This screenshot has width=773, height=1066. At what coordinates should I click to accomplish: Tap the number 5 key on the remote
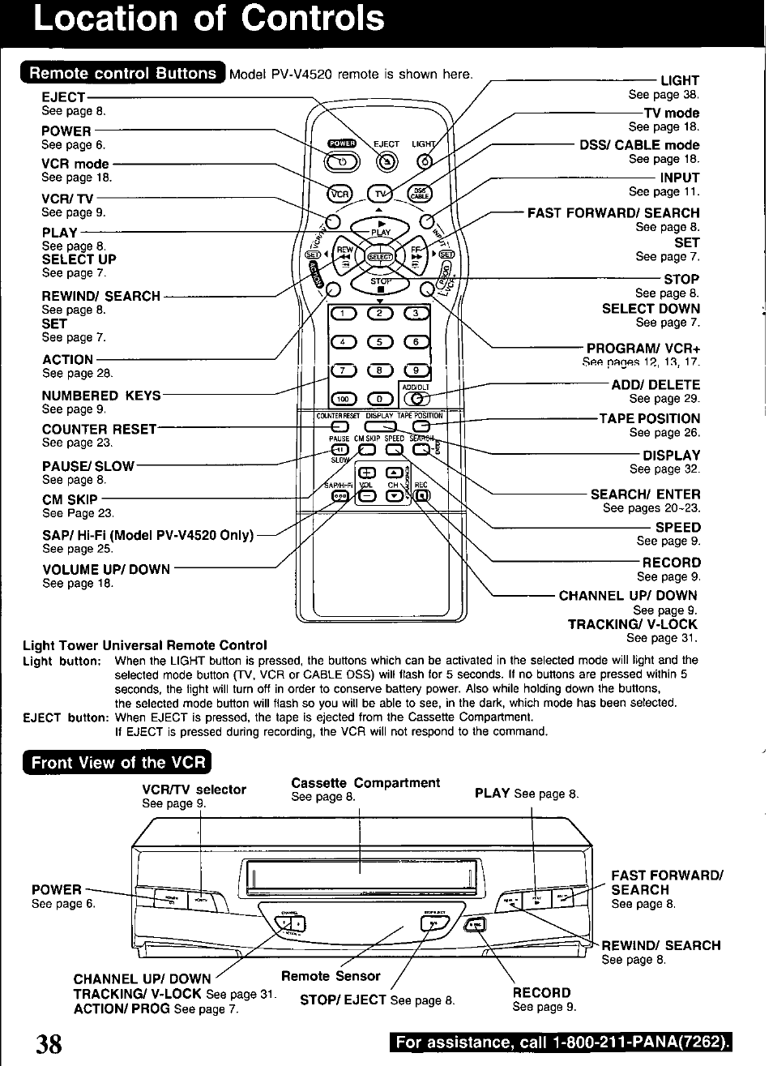(x=380, y=342)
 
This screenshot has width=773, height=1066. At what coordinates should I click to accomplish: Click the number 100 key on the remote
(x=344, y=398)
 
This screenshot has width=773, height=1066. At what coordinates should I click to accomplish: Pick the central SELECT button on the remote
(x=380, y=257)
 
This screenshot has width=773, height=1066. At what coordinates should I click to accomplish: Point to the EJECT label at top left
(x=63, y=97)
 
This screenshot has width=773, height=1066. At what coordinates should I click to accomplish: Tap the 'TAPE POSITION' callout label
(x=649, y=418)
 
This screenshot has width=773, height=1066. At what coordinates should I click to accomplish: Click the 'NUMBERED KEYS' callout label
(x=101, y=396)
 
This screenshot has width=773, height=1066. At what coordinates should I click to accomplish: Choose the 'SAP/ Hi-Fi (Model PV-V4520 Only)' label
(x=147, y=535)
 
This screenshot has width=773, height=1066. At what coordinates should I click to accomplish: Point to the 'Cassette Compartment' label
(x=365, y=783)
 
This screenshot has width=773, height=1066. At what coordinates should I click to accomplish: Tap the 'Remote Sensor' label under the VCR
(x=331, y=976)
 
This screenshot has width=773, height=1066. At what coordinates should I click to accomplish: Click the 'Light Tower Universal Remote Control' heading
(x=145, y=645)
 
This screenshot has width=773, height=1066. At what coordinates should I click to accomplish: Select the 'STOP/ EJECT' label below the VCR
(x=343, y=1000)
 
